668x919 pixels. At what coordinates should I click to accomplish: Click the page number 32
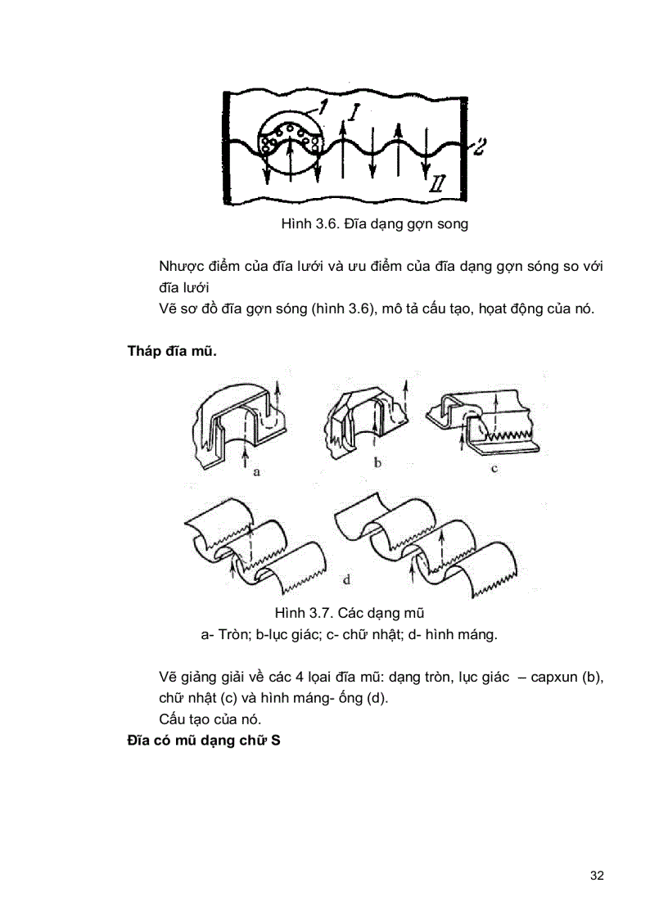tap(596, 876)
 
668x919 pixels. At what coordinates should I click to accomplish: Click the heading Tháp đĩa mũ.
tap(172, 352)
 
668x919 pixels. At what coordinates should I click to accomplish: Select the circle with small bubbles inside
tap(291, 147)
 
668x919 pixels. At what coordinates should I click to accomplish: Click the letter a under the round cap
tap(256, 472)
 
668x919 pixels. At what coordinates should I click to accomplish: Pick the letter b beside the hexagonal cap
tap(377, 463)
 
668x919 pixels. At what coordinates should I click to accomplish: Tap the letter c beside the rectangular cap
tap(495, 469)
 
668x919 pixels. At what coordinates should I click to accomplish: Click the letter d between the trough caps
tap(347, 580)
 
